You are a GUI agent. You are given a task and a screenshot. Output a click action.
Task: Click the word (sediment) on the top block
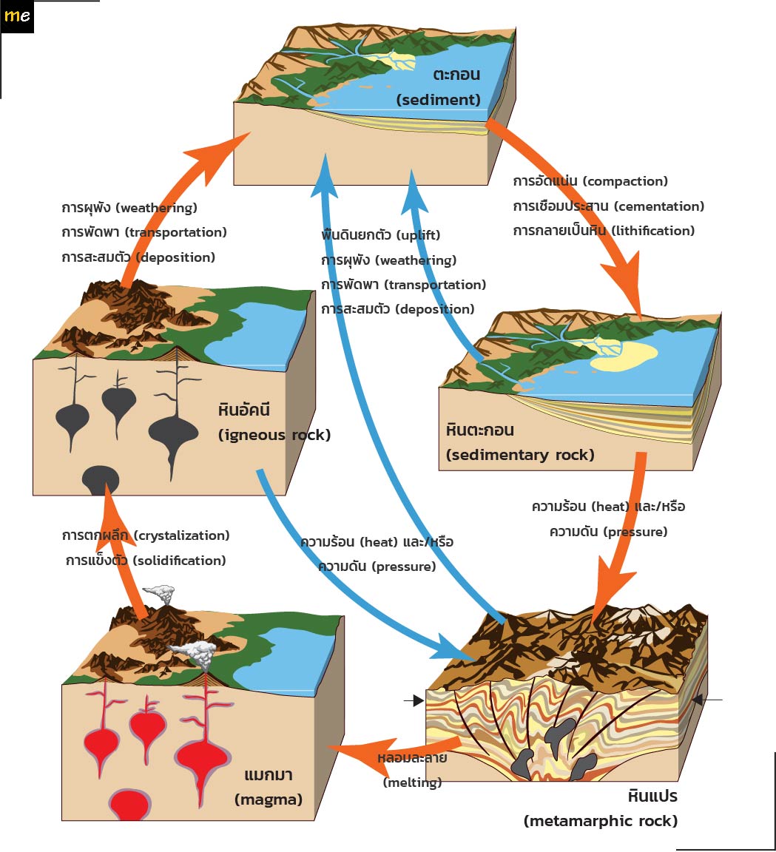(x=439, y=100)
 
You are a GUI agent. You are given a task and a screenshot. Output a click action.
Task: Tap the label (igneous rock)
(x=274, y=435)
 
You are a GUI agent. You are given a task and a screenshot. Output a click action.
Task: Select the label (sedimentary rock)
(x=520, y=455)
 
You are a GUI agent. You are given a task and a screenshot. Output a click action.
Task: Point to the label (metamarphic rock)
(x=600, y=821)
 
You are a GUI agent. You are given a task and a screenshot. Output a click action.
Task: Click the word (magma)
(x=269, y=799)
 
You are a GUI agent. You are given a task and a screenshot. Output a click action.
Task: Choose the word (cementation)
(x=659, y=206)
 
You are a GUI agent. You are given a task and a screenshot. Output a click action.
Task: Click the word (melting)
(x=412, y=782)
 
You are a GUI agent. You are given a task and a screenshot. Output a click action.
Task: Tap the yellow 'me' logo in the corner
(x=17, y=16)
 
